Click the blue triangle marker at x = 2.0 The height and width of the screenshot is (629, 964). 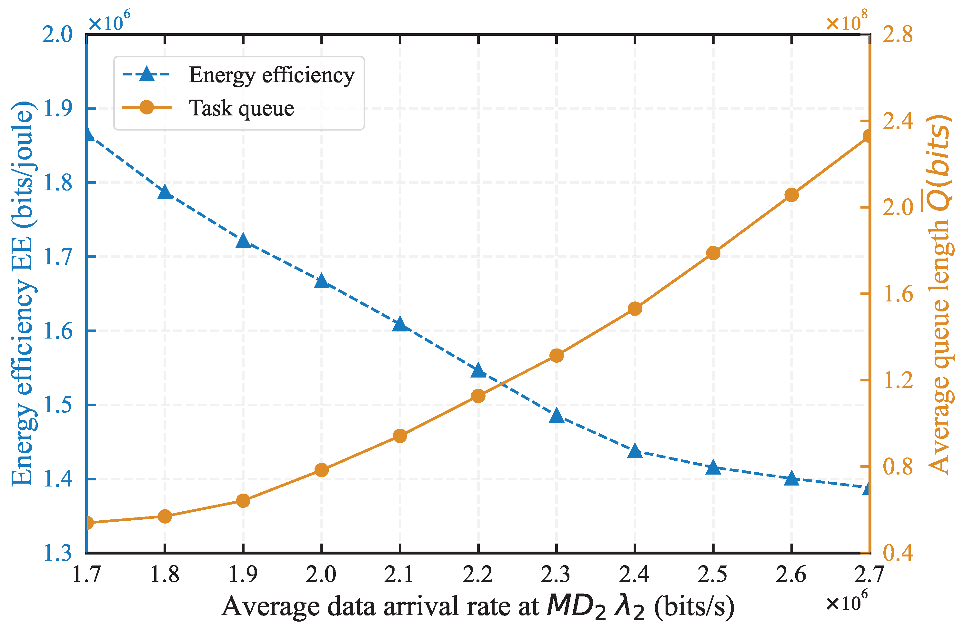pyautogui.click(x=322, y=281)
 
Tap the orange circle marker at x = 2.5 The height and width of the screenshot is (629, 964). pyautogui.click(x=713, y=253)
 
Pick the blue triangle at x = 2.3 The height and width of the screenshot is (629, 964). pyautogui.click(x=557, y=416)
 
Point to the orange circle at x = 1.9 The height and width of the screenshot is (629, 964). pyautogui.click(x=243, y=501)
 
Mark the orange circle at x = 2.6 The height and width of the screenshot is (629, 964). pyautogui.click(x=791, y=195)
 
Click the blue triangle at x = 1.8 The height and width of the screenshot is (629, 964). pyautogui.click(x=165, y=192)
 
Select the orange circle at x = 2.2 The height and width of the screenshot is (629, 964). pyautogui.click(x=478, y=396)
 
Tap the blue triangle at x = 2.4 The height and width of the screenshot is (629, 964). pyautogui.click(x=635, y=451)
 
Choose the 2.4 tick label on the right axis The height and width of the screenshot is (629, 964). pyautogui.click(x=898, y=121)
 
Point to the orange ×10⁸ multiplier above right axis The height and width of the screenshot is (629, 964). pyautogui.click(x=847, y=22)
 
